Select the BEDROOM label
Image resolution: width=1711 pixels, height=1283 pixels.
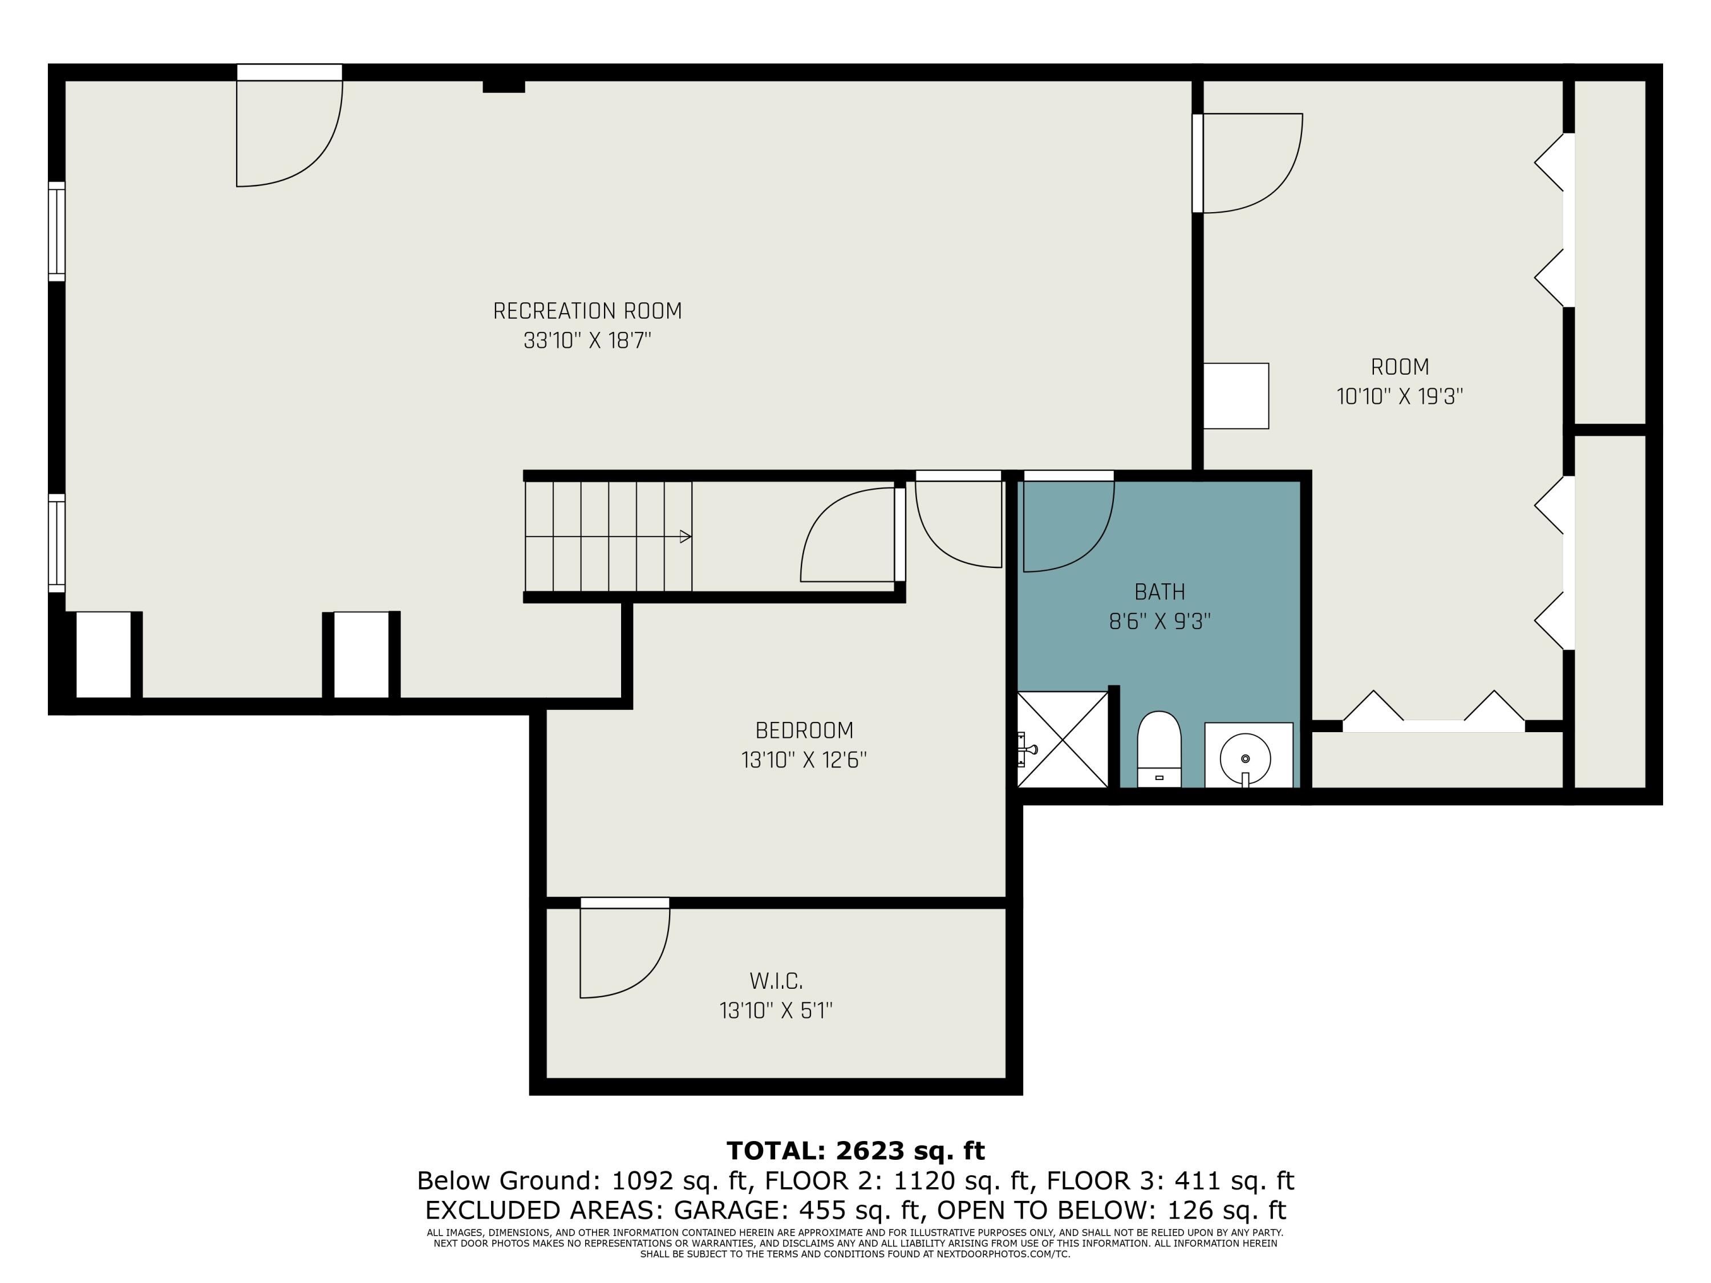click(804, 730)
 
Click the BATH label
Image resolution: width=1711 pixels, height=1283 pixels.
click(1159, 592)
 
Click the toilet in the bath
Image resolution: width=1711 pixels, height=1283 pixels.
click(1159, 749)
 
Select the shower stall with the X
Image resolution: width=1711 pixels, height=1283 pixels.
click(1062, 740)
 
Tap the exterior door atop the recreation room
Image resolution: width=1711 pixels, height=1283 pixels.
click(289, 125)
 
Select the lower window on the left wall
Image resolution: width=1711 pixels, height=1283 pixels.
click(56, 543)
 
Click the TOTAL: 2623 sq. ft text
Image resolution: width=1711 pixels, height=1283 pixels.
click(855, 1151)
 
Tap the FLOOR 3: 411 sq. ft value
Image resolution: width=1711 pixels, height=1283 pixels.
click(1170, 1181)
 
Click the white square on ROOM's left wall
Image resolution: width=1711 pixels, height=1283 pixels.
click(1236, 396)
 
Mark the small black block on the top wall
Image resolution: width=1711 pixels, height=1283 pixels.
click(504, 86)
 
